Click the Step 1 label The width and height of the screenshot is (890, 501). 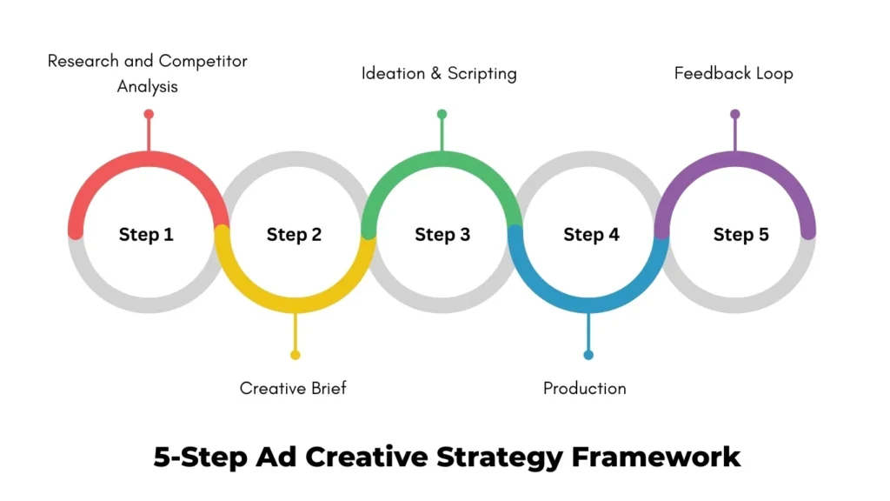click(x=146, y=235)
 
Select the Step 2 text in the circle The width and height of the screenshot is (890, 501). click(x=294, y=235)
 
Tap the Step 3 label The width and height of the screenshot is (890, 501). click(x=442, y=235)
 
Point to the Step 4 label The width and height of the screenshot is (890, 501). click(x=591, y=235)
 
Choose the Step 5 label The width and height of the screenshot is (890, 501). click(x=741, y=235)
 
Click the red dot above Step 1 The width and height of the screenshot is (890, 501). click(x=149, y=114)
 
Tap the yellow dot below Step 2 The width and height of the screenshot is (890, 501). click(x=296, y=355)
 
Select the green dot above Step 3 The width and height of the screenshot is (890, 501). click(x=442, y=114)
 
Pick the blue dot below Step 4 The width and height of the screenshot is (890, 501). click(x=588, y=355)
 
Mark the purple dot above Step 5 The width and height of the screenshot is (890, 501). click(x=735, y=114)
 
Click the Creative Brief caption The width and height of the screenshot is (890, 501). click(x=293, y=388)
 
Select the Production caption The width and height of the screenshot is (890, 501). click(x=584, y=388)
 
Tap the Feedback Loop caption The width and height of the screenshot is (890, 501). click(x=734, y=73)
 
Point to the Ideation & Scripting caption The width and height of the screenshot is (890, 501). click(x=439, y=73)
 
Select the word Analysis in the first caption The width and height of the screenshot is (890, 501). click(x=148, y=86)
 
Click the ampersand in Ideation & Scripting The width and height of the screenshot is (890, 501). click(x=436, y=73)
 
